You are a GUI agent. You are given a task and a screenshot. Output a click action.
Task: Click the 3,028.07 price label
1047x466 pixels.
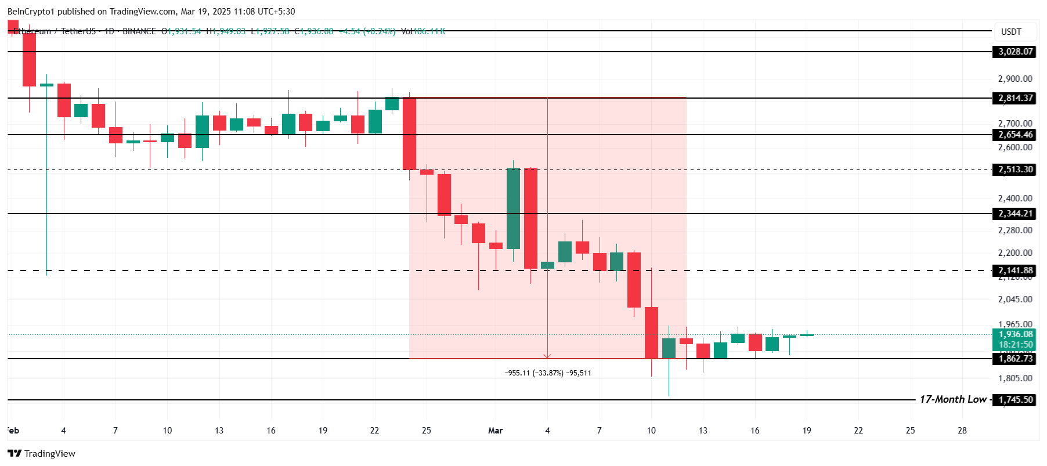coord(1015,52)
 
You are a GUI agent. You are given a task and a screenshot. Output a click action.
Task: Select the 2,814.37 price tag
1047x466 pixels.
coord(1015,98)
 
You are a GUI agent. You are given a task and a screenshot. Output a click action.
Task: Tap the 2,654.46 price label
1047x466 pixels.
coord(1015,135)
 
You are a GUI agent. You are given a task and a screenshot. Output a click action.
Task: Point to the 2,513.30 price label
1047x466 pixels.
coord(1015,169)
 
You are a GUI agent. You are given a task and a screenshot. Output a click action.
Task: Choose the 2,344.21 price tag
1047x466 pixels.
coord(1015,214)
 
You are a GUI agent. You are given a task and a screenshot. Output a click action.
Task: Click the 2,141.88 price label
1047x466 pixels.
coord(1015,270)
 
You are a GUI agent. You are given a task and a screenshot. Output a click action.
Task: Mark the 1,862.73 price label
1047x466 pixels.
coord(1015,359)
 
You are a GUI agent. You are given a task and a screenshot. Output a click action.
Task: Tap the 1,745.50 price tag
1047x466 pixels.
coord(1015,400)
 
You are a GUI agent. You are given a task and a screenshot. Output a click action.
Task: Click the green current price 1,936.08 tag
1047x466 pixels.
coord(1015,334)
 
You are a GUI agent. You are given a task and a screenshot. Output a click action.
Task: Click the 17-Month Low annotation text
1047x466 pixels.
coord(952,399)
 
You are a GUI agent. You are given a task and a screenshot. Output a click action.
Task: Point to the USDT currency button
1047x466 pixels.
coord(1011,32)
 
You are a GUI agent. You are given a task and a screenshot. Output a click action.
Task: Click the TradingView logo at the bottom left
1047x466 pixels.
coord(42,453)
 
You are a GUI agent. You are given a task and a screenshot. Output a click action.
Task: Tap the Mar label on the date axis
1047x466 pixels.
coord(496,431)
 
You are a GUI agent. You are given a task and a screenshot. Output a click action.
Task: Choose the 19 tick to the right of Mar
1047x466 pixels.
coord(807,431)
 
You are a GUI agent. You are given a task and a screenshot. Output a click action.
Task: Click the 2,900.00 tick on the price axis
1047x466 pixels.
coord(1014,79)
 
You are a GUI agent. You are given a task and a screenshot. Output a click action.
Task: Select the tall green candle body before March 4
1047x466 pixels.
coord(513,209)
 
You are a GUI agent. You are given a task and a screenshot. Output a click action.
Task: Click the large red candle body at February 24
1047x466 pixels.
coord(409,133)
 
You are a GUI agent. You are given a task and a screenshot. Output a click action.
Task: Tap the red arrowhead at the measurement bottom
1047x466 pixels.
coord(547,356)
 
